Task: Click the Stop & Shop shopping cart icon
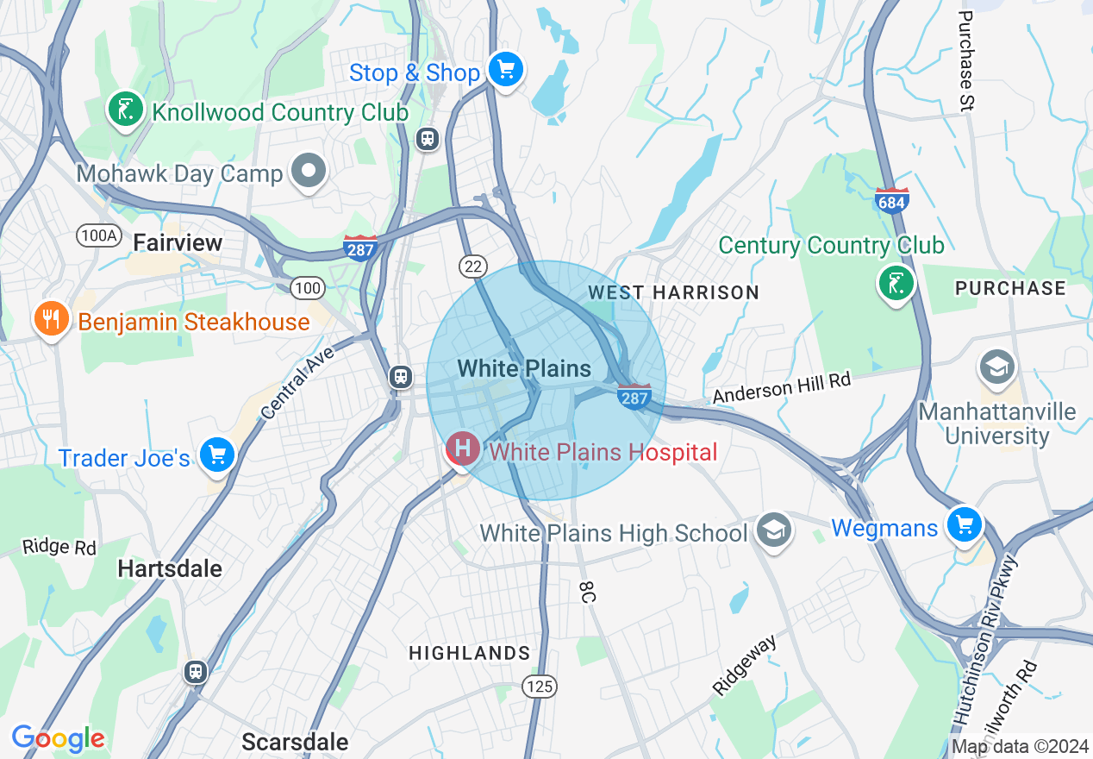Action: click(505, 69)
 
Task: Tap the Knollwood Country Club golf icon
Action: click(126, 110)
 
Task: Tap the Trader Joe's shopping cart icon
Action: click(215, 454)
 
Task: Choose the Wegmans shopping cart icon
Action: click(964, 524)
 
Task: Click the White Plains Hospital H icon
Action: click(463, 448)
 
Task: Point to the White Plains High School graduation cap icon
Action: click(773, 530)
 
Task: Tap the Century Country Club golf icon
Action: click(896, 282)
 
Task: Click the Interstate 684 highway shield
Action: click(890, 201)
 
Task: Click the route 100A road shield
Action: click(97, 235)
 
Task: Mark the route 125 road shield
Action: click(540, 687)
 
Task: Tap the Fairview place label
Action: click(178, 243)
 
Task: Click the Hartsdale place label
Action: click(170, 568)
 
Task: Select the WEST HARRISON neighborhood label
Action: click(672, 292)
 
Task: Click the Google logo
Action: click(58, 738)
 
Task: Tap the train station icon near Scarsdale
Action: click(197, 671)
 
